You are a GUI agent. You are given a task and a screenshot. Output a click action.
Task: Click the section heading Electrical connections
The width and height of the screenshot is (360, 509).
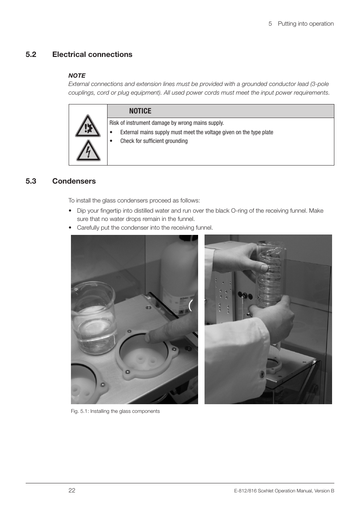92,54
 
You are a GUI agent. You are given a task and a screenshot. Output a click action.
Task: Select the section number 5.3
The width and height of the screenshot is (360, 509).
31,181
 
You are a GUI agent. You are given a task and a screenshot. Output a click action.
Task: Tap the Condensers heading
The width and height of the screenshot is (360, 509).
74,181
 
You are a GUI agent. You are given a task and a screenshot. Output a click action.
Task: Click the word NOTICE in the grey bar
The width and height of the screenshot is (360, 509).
140,111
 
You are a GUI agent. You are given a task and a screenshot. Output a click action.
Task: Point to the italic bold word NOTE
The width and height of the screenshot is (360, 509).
77,75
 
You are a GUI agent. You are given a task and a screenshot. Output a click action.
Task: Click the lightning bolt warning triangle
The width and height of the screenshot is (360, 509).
88,150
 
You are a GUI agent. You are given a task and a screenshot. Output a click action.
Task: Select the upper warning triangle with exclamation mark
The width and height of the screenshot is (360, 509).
88,126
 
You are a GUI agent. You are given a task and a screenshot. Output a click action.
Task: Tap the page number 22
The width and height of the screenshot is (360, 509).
72,490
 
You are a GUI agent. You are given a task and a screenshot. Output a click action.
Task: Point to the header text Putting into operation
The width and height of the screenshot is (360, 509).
306,23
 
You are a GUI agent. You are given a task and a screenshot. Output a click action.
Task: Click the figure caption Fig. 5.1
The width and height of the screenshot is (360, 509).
115,411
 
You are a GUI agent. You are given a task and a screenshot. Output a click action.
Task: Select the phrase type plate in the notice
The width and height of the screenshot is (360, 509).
261,132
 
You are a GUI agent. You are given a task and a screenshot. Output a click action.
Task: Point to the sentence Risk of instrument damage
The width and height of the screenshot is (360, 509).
166,123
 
